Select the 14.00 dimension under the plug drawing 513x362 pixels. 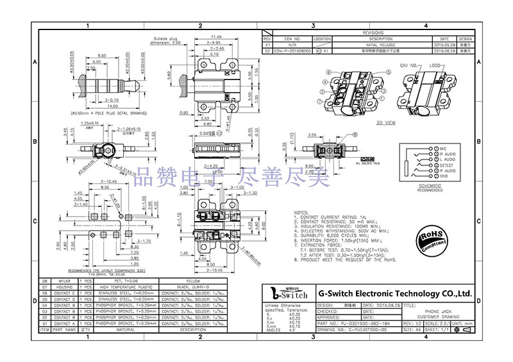point(95,106)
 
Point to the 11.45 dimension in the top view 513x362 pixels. point(215,37)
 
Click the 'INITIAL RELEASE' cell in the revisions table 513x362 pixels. point(380,44)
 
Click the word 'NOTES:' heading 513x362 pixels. point(301,212)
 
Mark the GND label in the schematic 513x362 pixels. point(425,177)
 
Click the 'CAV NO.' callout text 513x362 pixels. point(408,65)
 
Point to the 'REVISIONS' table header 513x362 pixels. point(373,33)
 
